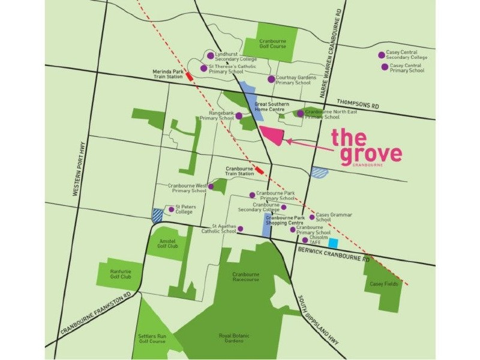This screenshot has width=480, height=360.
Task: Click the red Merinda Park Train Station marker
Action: pos(190,76)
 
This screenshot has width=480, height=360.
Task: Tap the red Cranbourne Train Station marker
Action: pos(259,171)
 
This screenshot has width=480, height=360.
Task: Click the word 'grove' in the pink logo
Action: pos(370,153)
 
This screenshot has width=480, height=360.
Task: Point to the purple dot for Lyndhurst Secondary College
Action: pos(210,55)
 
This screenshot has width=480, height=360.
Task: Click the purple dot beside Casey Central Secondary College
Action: pos(381,55)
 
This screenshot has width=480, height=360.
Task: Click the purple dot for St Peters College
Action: pos(170,209)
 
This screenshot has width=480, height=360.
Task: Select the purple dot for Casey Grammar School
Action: pos(311,217)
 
